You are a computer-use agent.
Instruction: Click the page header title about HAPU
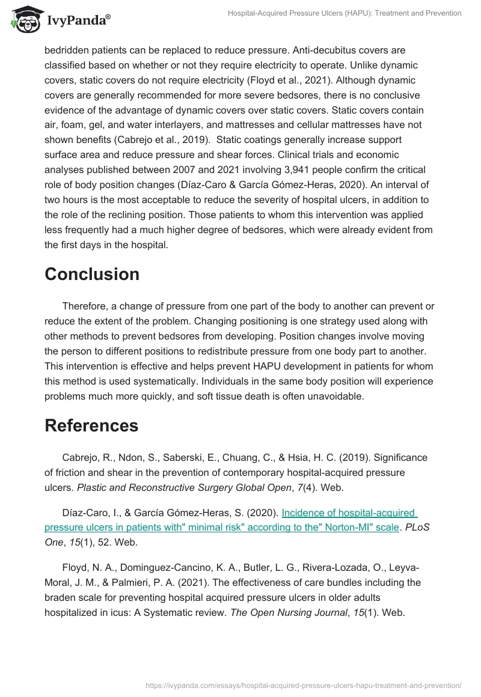pyautogui.click(x=345, y=13)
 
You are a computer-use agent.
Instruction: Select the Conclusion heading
pyautogui.click(x=92, y=274)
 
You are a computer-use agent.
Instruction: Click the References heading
pyautogui.click(x=91, y=425)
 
